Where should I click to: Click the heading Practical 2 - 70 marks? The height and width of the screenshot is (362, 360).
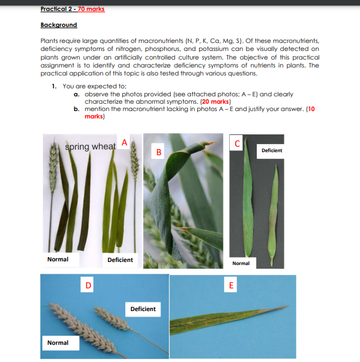(72, 9)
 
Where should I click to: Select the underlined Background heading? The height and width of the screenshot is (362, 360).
(58, 25)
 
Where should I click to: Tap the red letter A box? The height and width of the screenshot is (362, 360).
(124, 142)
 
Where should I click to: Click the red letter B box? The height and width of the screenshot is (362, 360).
(158, 151)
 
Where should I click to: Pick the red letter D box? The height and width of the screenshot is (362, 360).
(88, 285)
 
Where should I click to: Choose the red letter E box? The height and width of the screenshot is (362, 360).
(231, 285)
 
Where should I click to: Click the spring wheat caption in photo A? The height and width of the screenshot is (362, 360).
(90, 147)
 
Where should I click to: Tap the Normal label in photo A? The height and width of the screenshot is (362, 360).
(58, 260)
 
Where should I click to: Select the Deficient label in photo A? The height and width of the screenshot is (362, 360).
(120, 260)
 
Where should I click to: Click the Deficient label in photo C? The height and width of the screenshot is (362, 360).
(272, 150)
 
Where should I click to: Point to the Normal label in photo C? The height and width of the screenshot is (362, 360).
(241, 263)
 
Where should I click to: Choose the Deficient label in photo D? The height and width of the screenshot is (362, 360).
(143, 309)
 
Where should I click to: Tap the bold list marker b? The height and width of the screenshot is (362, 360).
(76, 108)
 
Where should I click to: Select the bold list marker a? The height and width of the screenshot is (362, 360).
(76, 94)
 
